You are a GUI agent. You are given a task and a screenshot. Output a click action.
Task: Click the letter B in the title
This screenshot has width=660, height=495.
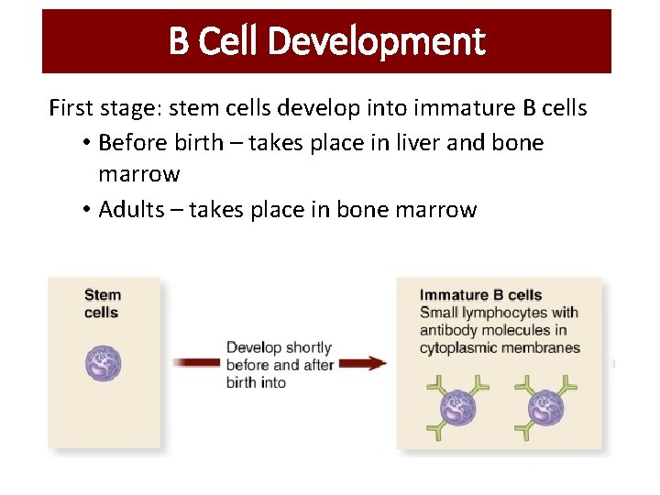[x=179, y=42]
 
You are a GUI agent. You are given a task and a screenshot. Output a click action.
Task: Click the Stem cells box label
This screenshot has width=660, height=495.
[x=102, y=303]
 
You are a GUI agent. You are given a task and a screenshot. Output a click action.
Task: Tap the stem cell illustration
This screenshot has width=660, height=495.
[x=103, y=362]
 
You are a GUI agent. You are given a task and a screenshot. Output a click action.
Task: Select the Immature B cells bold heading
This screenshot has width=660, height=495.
[x=480, y=295]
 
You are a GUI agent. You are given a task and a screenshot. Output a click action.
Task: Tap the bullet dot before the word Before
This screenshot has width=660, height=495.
[x=84, y=144]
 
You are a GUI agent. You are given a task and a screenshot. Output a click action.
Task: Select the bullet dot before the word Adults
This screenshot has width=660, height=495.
[x=84, y=210]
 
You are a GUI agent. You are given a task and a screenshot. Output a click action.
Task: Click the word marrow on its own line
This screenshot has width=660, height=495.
[x=138, y=174]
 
